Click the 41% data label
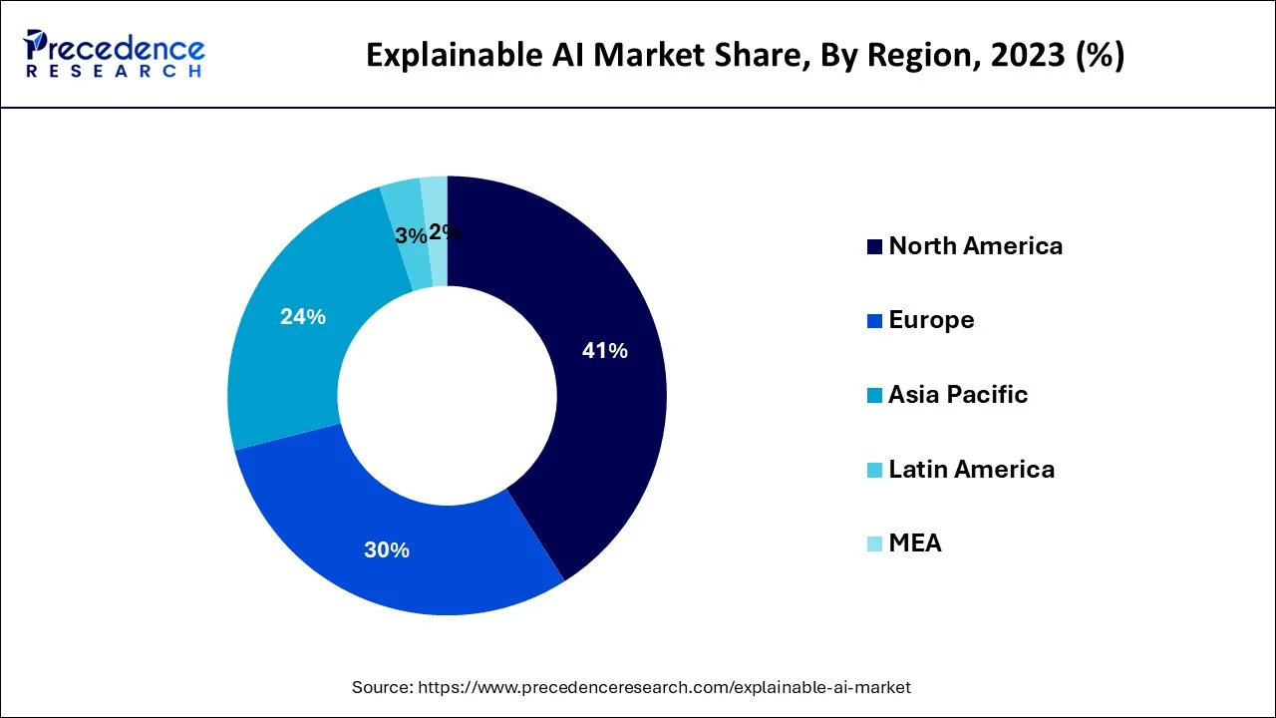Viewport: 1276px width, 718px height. click(x=604, y=351)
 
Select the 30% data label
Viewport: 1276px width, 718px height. click(x=386, y=549)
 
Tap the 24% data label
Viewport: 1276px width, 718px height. click(x=302, y=317)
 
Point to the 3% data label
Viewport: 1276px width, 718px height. click(x=410, y=235)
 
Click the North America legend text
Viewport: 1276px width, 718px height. click(x=975, y=246)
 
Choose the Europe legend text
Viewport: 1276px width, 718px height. click(x=931, y=320)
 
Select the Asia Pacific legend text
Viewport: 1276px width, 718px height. click(x=957, y=395)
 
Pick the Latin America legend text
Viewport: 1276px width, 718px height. click(x=971, y=469)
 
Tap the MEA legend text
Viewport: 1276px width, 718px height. click(x=914, y=543)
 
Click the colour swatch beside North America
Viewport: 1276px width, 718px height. click(x=874, y=247)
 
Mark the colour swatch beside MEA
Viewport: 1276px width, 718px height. click(x=874, y=544)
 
